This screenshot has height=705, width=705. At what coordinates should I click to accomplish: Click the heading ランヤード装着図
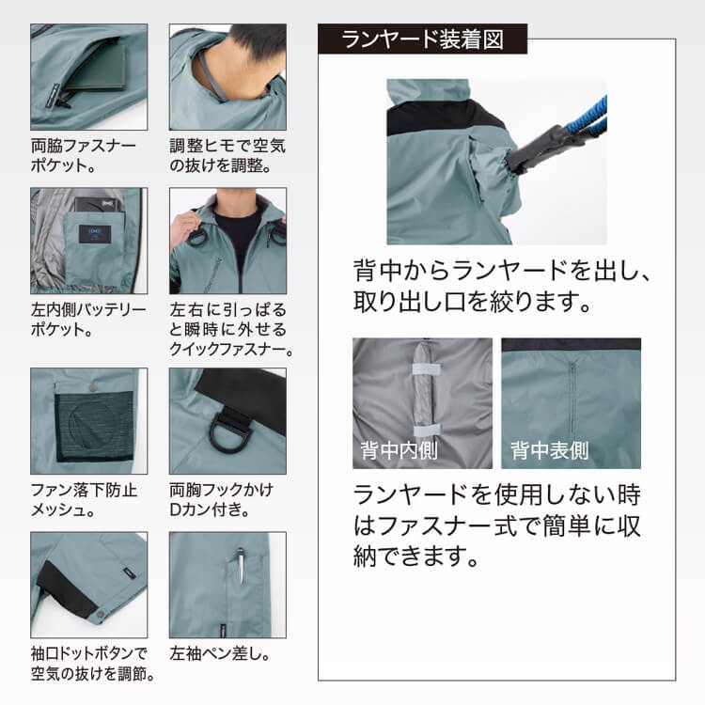coord(422,39)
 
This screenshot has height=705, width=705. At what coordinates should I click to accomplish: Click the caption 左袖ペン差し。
coord(220,653)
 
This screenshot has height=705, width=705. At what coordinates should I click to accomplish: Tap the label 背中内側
coord(399,450)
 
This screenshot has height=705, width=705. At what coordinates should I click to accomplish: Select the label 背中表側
coord(550,450)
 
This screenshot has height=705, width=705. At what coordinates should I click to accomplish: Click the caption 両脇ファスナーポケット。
coord(83,155)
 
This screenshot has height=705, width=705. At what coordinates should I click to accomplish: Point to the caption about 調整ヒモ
coord(227,155)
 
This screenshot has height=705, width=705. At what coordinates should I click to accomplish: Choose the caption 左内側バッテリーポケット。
coord(88,320)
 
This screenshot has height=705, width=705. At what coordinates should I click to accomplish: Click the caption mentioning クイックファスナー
coord(231,330)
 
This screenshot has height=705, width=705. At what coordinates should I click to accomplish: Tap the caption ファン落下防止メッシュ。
coord(84,499)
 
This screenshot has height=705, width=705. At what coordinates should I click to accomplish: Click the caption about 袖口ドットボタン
coord(93,664)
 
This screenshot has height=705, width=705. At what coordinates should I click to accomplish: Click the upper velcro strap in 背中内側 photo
coord(426,369)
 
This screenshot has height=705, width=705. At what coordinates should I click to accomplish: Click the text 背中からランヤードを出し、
coord(502,271)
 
